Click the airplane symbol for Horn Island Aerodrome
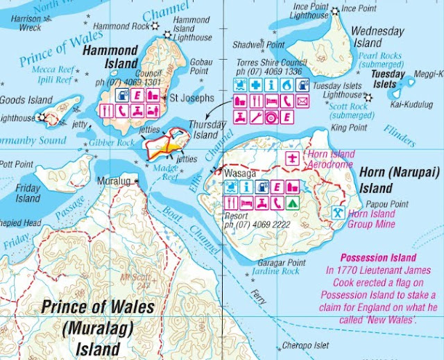[x=293, y=157]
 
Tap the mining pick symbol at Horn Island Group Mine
[x=337, y=212]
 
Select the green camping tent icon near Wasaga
[x=294, y=203]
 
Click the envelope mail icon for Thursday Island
[x=302, y=101]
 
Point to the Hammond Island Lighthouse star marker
[x=155, y=26]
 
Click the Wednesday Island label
[x=377, y=37]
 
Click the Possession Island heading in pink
[x=379, y=258]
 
